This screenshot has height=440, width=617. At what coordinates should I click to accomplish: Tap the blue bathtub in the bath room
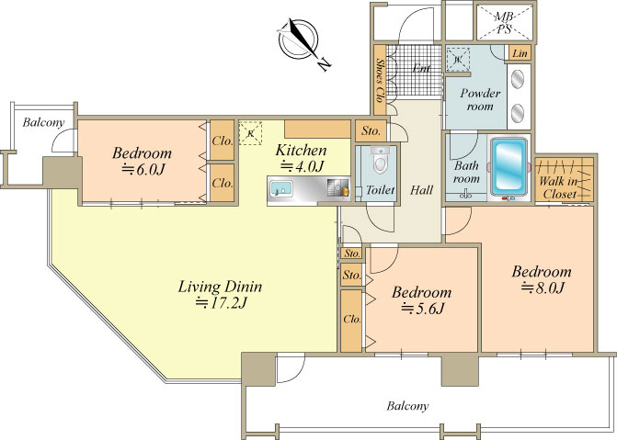(509, 166)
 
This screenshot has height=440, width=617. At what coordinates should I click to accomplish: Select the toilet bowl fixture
(380, 160)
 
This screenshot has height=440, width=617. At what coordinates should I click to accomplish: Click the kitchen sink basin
(281, 188)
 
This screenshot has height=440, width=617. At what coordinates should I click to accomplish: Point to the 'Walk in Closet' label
(558, 187)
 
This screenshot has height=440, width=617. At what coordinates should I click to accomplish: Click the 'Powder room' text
(480, 99)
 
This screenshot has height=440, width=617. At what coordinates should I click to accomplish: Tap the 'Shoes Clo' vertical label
(380, 80)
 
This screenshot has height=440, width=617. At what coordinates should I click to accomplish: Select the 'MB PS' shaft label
(504, 23)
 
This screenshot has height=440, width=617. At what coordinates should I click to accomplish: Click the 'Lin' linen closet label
(520, 53)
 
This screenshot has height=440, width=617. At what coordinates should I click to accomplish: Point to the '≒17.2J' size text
(221, 303)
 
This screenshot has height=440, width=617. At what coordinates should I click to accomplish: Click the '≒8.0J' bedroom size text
(543, 288)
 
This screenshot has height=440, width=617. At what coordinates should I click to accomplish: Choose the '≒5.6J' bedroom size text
(422, 309)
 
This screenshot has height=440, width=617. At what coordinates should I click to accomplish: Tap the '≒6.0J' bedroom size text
(143, 169)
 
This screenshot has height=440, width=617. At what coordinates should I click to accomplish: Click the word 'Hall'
(421, 190)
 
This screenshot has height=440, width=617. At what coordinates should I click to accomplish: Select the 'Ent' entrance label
(421, 68)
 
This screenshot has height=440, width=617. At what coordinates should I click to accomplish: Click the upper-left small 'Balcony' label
(43, 123)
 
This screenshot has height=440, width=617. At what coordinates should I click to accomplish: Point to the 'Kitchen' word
(301, 151)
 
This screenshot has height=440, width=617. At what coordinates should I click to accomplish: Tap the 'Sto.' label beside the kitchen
(371, 130)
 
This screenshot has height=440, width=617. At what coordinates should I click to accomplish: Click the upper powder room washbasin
(518, 79)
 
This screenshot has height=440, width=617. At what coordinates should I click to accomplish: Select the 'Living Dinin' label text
(220, 287)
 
